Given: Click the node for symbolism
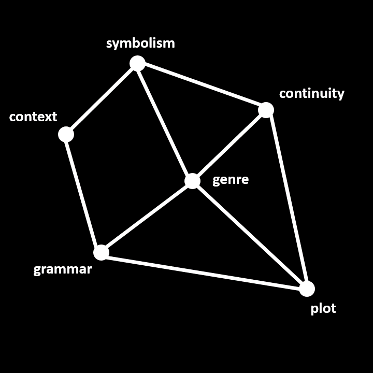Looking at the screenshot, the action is [137, 63].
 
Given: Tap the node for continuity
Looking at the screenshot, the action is [266, 110].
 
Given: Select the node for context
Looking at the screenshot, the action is [66, 134].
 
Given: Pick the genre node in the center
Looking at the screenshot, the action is [192, 181].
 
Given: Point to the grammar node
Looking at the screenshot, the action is [101, 252].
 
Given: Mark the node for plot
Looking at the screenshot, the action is [307, 289].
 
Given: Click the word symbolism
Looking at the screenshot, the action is [140, 43].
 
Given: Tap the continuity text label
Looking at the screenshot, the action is [311, 93].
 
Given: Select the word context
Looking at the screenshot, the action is [33, 117].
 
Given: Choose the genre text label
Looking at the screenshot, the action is [231, 180].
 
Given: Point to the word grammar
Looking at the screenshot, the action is [63, 269].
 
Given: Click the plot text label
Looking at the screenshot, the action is [323, 309].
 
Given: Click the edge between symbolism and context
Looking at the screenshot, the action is [102, 98].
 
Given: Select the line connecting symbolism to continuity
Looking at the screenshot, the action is [202, 87].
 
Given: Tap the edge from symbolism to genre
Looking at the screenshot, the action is [165, 122].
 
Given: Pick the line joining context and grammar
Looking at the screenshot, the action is [83, 193].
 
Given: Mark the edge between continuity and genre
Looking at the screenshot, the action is [229, 146].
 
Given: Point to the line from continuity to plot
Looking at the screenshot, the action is [286, 199].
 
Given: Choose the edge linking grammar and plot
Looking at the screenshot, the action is [204, 270].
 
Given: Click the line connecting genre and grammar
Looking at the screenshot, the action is [147, 217].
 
